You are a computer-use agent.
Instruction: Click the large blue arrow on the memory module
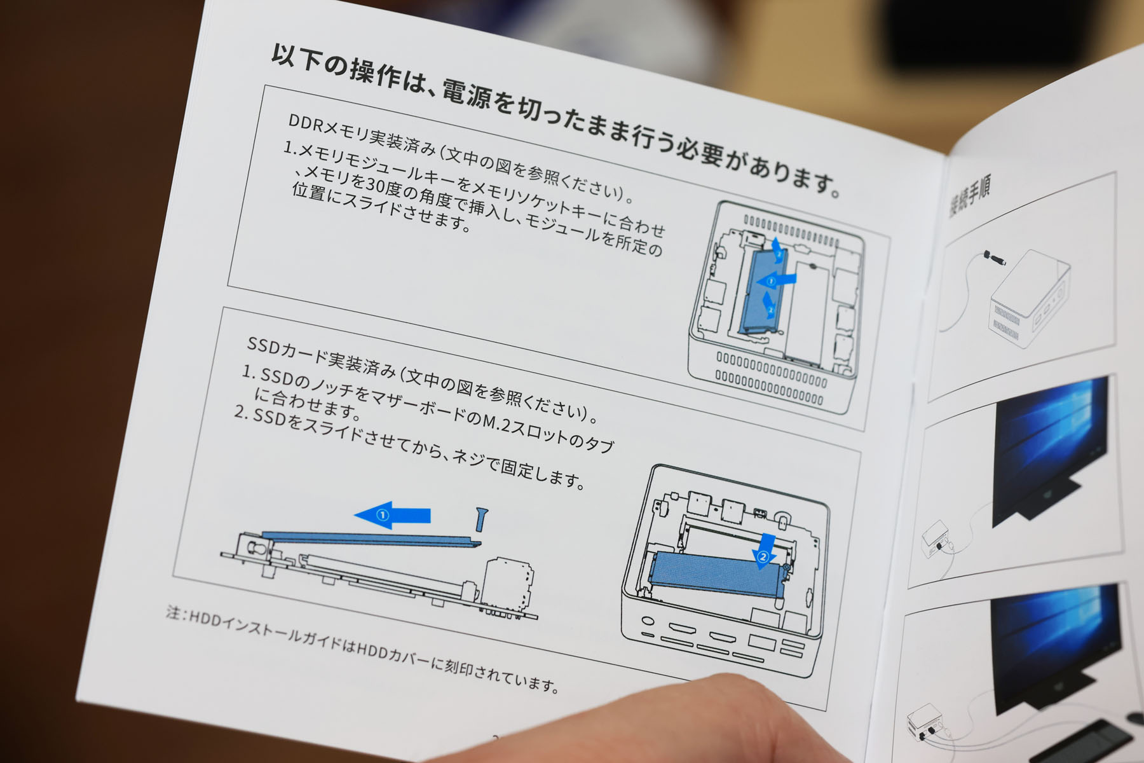(x=778, y=279)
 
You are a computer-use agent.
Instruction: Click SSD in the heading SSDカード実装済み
(x=262, y=347)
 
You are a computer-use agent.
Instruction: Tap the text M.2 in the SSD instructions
(x=496, y=422)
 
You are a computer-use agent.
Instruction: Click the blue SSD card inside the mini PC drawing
(x=718, y=574)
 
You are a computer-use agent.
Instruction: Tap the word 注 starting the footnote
(x=174, y=612)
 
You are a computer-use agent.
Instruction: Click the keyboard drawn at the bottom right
(x=1084, y=743)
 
